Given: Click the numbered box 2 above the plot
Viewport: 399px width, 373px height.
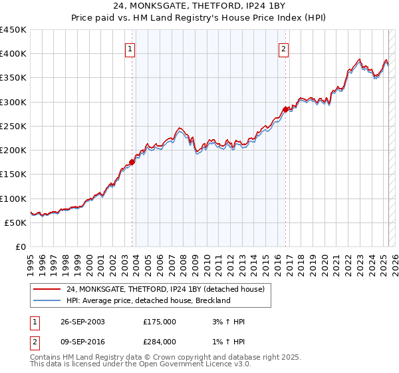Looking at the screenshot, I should point(283,48).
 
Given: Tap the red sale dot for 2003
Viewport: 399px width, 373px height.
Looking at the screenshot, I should point(132,161).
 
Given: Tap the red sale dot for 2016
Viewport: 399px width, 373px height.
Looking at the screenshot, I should point(285,109).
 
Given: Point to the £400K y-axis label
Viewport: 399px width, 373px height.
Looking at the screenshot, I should point(13,54).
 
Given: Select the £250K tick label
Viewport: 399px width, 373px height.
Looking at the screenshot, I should point(13,126).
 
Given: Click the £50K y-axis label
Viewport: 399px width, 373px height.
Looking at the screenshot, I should point(16,222).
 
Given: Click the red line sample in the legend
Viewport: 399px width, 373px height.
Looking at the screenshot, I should point(47,289).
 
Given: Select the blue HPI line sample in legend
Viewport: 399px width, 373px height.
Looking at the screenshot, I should point(47,300).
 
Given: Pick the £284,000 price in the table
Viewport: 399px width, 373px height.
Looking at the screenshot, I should point(159,342).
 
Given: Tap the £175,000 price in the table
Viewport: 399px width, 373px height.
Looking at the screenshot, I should point(159,322).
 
